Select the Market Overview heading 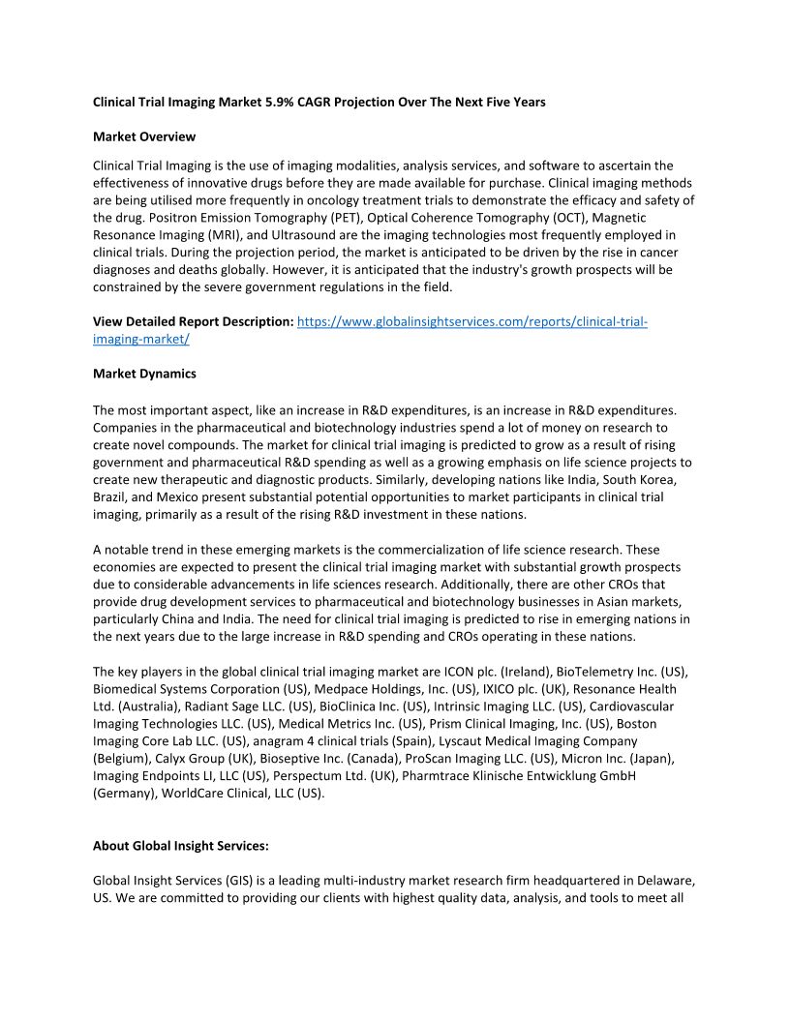[144, 136]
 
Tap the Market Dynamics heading [144, 374]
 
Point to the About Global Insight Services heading [181, 846]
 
